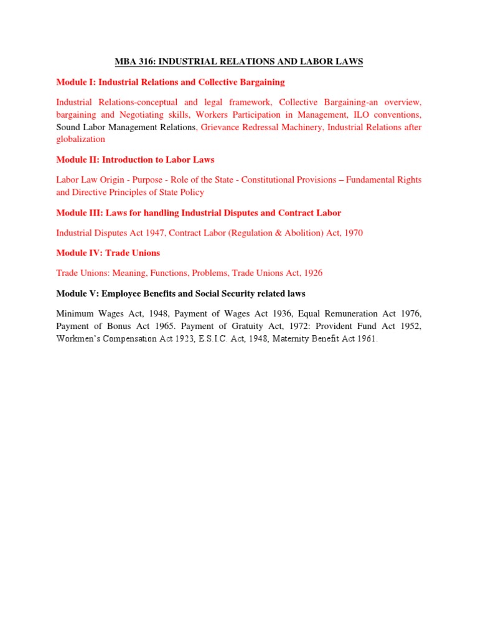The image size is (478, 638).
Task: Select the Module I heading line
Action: point(170,82)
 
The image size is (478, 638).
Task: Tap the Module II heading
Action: point(135,159)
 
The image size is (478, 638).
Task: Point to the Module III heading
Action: point(199,212)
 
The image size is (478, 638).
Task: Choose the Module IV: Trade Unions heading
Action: point(108,253)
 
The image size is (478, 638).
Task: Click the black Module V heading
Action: point(180,293)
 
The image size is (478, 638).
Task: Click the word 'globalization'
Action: point(80,140)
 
